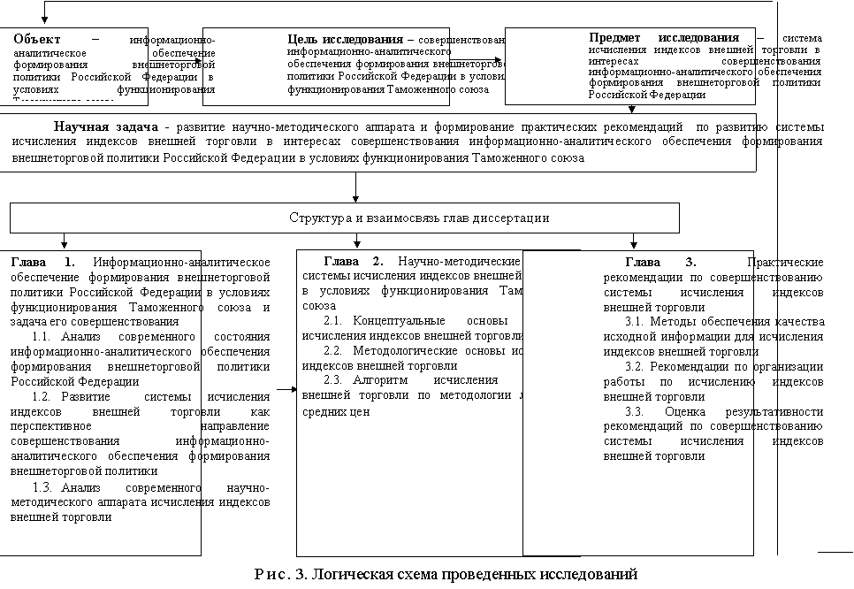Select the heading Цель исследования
pyautogui.click(x=346, y=40)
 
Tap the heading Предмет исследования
pyautogui.click(x=663, y=38)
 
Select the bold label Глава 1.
pyautogui.click(x=43, y=263)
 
